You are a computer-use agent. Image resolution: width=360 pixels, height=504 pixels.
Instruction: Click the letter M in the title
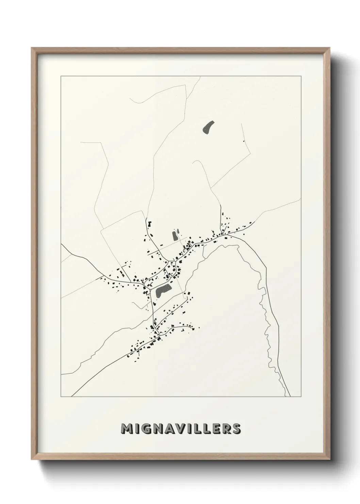tap(127, 429)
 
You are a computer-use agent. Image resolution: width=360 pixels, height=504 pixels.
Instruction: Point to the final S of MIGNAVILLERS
tap(236, 429)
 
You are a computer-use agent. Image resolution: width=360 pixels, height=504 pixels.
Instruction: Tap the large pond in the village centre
tap(163, 291)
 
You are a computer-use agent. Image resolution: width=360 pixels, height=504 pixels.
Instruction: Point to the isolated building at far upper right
tap(244, 141)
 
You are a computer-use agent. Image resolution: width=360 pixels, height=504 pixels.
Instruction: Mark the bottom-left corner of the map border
tap(61, 397)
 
